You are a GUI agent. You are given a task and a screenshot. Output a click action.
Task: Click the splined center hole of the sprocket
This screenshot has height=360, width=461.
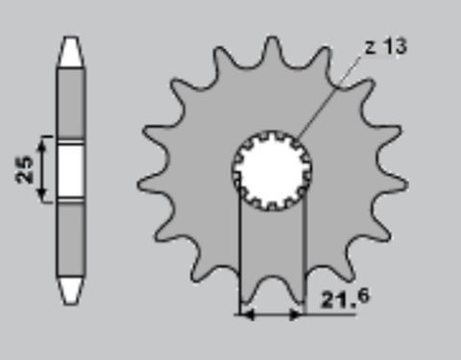273,170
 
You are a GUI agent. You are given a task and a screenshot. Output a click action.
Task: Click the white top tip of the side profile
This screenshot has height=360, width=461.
70,53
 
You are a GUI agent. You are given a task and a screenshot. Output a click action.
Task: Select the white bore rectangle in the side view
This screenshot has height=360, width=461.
70,170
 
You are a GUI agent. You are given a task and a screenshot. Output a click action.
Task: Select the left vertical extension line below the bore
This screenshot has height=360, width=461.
238,250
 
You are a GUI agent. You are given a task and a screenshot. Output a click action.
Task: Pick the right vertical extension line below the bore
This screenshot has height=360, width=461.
304,250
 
